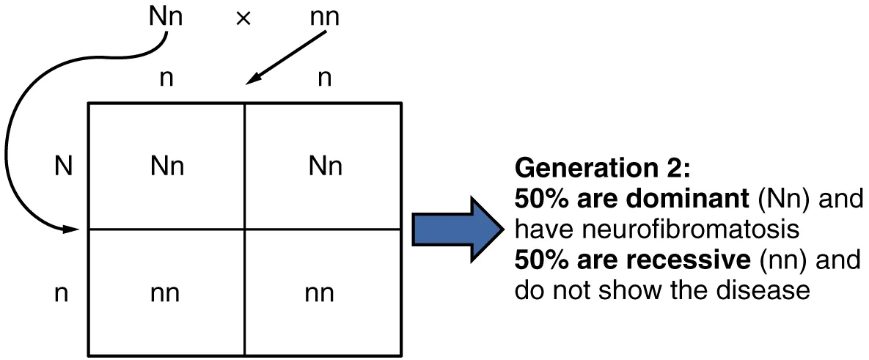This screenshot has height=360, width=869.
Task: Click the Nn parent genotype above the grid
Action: (x=166, y=17)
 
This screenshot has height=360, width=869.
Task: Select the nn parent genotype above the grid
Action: (x=323, y=17)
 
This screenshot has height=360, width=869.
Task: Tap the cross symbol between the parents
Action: (x=243, y=18)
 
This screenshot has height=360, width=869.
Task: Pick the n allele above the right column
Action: (x=323, y=78)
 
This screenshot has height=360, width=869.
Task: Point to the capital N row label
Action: (x=64, y=167)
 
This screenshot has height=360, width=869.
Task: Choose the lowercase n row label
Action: (x=64, y=293)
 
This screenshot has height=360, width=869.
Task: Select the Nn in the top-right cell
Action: (x=324, y=167)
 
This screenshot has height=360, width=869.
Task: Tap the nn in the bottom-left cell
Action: (x=166, y=293)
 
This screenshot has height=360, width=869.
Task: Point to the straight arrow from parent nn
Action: (x=286, y=58)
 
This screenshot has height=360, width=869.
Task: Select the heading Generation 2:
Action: (x=602, y=169)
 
